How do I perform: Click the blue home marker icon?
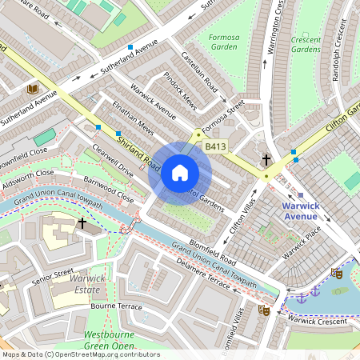pos(180,173)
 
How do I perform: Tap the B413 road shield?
pos(214,146)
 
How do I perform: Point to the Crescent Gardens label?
pos(306,44)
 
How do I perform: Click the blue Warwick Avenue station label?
pos(301,210)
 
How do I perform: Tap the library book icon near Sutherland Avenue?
pos(33,89)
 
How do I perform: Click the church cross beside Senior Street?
pos(82,223)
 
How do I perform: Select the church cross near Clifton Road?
pos(266,160)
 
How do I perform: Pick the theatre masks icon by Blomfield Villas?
pos(263,310)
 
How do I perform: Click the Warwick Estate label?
pos(86,283)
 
